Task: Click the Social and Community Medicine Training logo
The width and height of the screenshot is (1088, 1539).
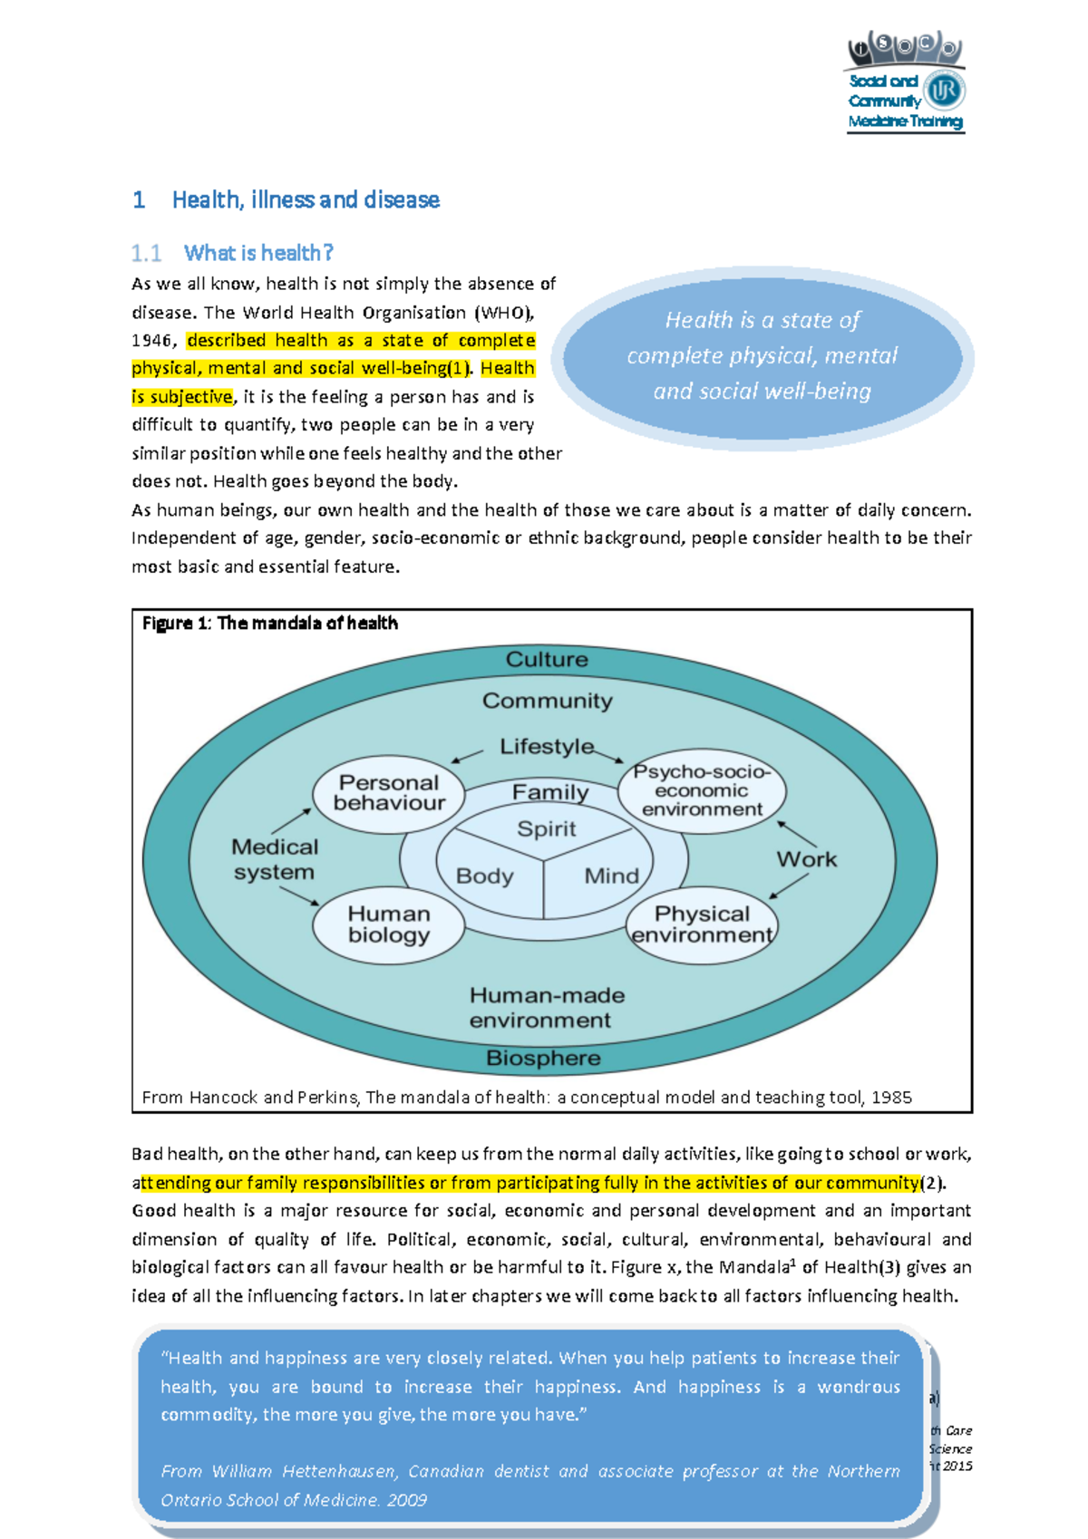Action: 905,83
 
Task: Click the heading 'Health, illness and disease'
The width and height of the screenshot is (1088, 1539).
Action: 306,200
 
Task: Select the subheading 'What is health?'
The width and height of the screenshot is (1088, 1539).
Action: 258,253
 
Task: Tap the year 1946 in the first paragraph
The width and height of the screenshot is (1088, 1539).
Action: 152,341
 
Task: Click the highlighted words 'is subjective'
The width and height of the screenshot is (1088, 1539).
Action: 182,397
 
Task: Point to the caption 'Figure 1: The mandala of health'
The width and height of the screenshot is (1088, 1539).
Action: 270,624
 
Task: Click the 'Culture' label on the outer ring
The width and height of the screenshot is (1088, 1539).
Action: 547,660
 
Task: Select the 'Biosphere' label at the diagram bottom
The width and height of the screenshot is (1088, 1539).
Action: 543,1058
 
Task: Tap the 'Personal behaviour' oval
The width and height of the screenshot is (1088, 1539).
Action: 389,793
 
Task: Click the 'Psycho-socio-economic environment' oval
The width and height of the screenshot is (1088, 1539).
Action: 702,790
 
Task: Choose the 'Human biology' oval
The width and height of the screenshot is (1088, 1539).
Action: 389,924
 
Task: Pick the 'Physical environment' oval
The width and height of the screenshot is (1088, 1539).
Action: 702,924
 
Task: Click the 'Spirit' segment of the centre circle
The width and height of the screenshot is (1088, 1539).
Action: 547,828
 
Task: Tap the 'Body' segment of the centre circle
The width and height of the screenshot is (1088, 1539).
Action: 485,876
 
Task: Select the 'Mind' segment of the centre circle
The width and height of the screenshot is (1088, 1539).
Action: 611,876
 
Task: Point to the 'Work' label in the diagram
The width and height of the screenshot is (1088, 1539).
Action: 806,859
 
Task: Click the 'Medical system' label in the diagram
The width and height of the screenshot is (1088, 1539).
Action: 275,859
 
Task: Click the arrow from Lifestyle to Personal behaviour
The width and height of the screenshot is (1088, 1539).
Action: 467,756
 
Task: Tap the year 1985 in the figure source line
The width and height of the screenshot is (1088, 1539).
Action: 890,1098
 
